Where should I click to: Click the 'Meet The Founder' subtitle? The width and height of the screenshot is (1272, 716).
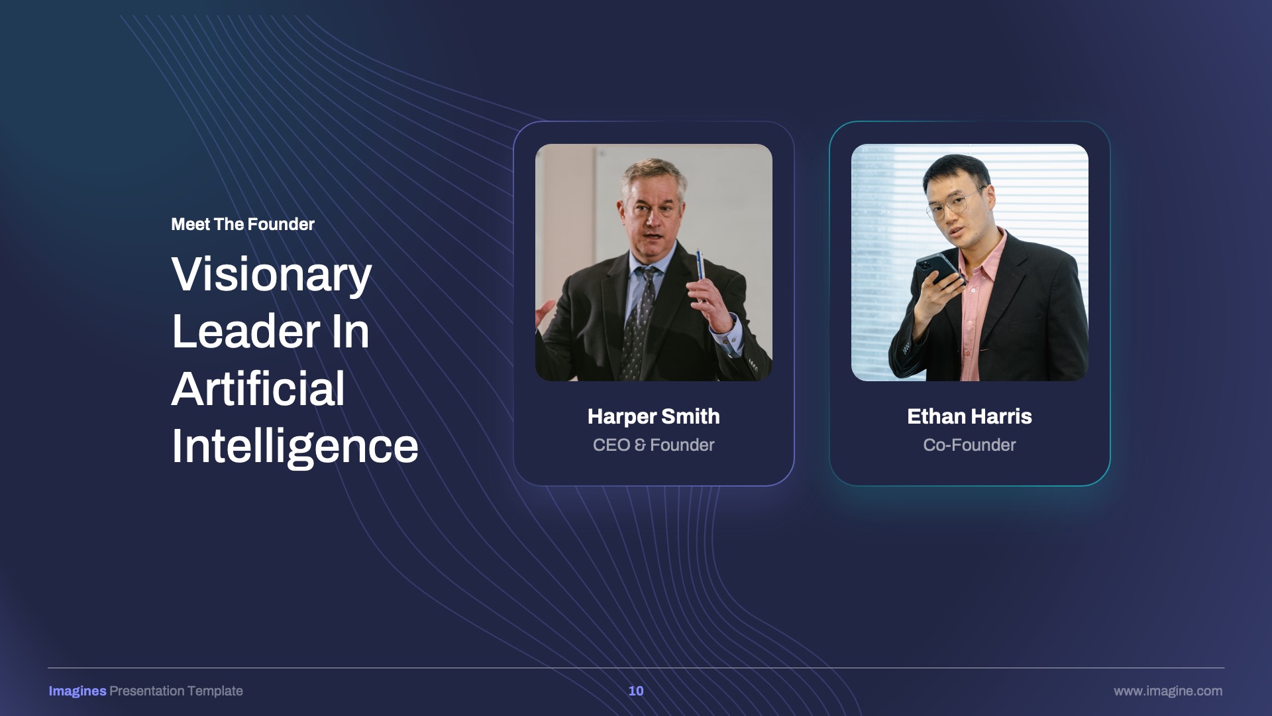point(242,224)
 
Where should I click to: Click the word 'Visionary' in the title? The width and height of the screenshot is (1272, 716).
point(272,275)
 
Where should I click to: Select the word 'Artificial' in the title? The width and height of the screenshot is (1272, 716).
point(258,388)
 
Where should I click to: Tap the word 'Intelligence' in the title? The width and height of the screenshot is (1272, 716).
point(295,447)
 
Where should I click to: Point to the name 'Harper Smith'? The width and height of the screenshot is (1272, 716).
point(653,416)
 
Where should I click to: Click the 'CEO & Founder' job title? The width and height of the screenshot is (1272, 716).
point(653,445)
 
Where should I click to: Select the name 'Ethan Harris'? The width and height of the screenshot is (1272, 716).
point(969,416)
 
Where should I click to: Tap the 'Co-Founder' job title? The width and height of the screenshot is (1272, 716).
point(969,445)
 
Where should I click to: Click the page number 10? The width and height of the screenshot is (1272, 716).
point(636,691)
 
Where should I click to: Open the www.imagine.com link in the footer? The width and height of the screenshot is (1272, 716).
point(1168,691)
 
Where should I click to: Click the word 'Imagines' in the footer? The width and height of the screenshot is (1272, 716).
point(78,691)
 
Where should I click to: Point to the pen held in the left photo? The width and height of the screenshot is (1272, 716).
point(700,276)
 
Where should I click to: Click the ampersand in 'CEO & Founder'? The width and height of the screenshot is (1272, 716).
point(640,445)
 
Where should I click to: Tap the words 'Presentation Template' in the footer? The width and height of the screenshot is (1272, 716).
point(176,691)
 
